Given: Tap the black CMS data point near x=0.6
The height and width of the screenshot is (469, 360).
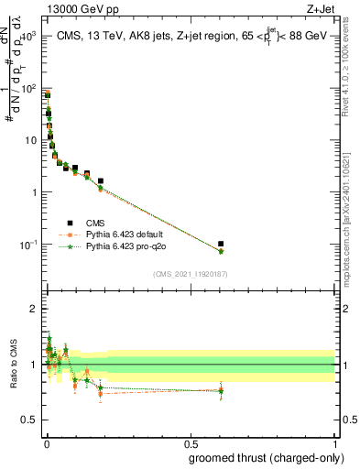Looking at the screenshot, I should pos(220,245).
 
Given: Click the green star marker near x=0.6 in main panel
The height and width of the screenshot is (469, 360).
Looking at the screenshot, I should pos(220,252).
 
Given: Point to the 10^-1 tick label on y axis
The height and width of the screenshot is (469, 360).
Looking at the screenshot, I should pos(26,245).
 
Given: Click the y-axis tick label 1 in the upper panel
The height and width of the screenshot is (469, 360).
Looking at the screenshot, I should pos(32,192).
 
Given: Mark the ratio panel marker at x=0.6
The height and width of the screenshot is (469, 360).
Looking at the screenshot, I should pos(220,391).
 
